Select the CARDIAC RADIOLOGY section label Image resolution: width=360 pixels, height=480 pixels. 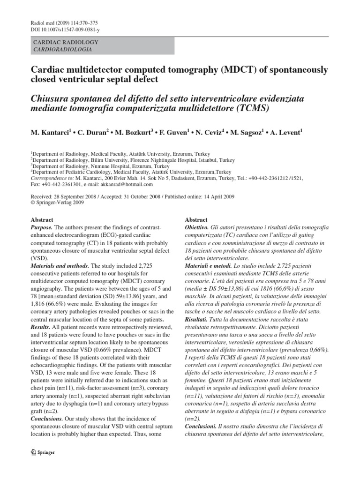click(65, 42)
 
